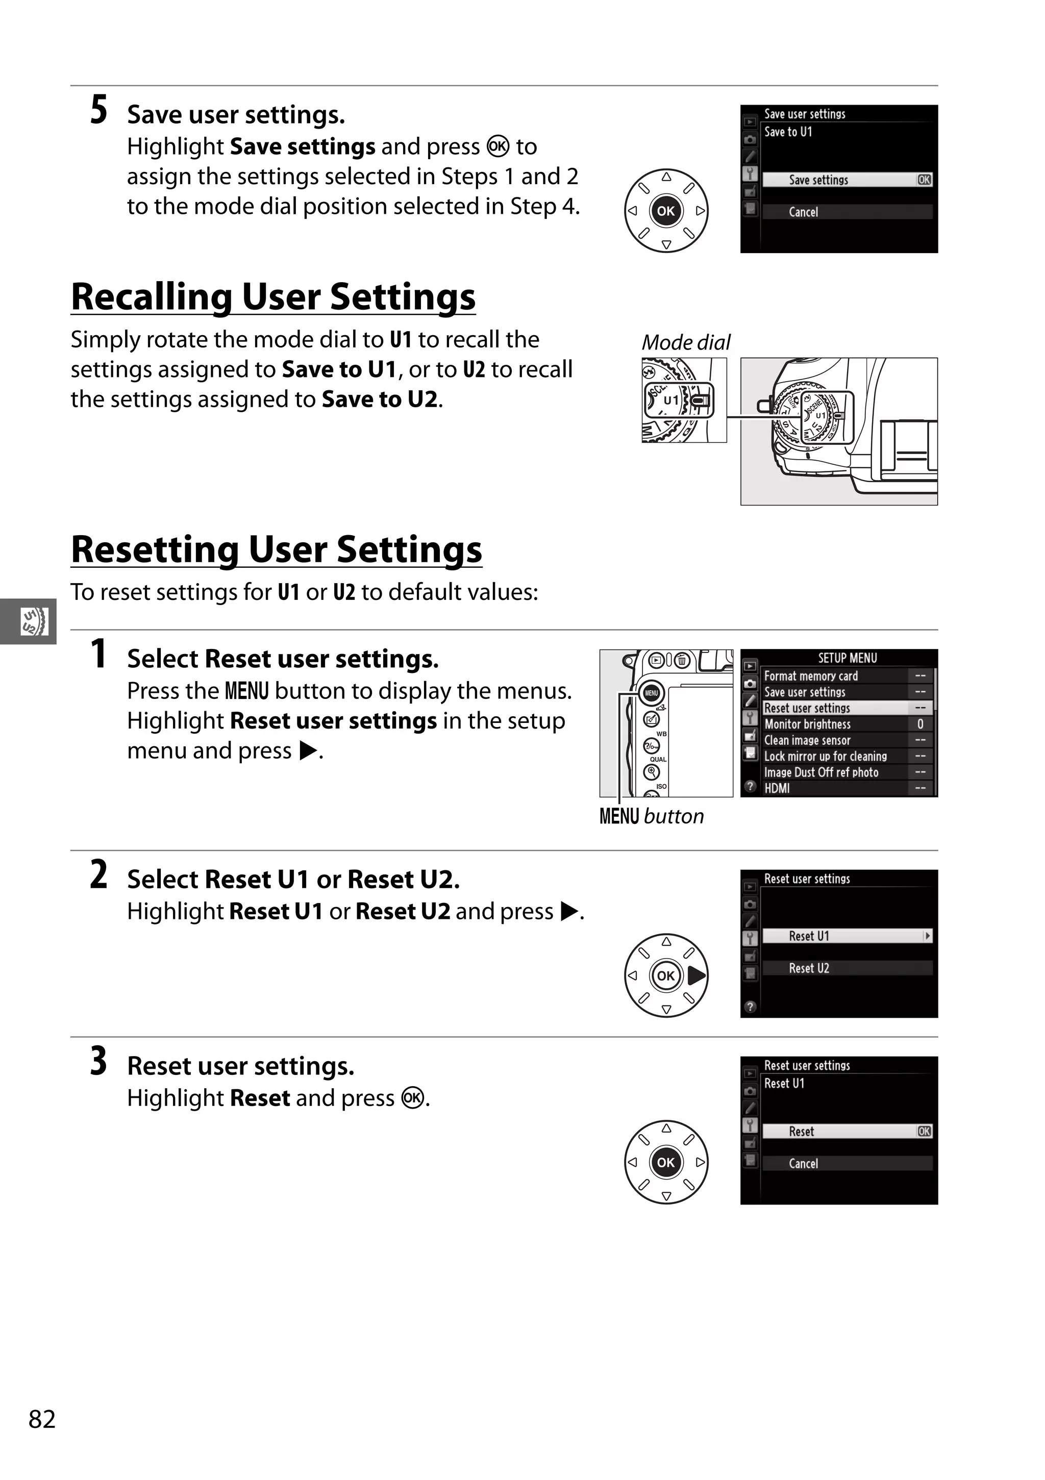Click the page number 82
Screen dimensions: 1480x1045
pyautogui.click(x=42, y=1419)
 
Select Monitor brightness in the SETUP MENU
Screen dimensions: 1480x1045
pyautogui.click(x=807, y=724)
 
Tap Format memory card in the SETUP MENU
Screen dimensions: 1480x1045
pyautogui.click(x=811, y=676)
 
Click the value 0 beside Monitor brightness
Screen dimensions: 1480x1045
pyautogui.click(x=920, y=724)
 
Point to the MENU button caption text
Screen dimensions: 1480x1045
pyautogui.click(x=651, y=817)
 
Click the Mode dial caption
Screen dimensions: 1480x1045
pyautogui.click(x=686, y=342)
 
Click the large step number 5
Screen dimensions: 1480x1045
pyautogui.click(x=98, y=110)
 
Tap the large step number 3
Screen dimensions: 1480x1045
pyautogui.click(x=98, y=1062)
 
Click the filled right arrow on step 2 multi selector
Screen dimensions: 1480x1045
pyautogui.click(x=696, y=976)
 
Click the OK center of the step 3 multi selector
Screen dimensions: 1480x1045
pyautogui.click(x=666, y=1162)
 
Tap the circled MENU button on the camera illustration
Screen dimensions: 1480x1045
pyautogui.click(x=651, y=693)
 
